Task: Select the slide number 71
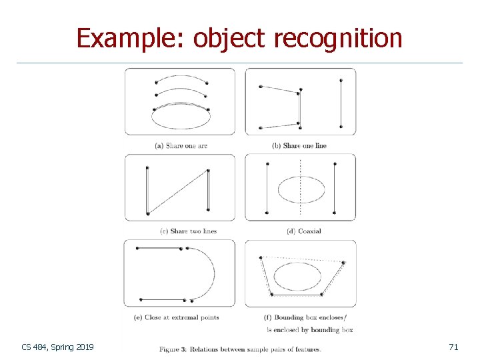pos(453,347)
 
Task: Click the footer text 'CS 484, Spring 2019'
pos(58,347)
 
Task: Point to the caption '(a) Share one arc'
pos(181,145)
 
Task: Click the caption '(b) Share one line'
pos(299,145)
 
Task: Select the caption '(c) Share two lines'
pos(189,231)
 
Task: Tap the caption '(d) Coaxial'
pos(303,231)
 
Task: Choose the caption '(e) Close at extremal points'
pos(177,317)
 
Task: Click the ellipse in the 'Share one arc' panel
pos(181,117)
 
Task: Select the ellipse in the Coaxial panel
pos(301,189)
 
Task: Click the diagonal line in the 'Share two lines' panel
pos(178,192)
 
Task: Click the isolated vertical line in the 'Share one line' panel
pos(341,103)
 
